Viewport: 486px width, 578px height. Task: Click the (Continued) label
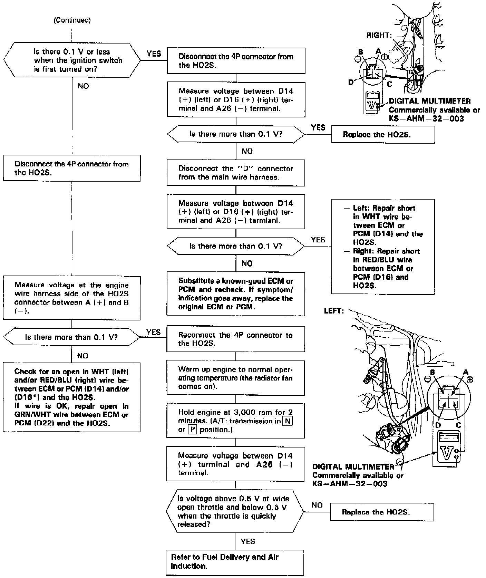(x=72, y=20)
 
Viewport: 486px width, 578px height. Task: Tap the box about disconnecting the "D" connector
(x=236, y=173)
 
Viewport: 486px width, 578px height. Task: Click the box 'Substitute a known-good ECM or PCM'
(x=236, y=293)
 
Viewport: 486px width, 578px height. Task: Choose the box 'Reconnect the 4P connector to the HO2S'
(x=236, y=339)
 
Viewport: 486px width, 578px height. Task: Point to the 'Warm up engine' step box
(x=236, y=378)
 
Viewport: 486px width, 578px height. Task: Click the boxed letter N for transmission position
(x=288, y=421)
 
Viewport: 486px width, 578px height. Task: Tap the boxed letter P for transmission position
(x=192, y=430)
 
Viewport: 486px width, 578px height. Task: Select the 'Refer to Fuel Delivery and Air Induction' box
(x=235, y=562)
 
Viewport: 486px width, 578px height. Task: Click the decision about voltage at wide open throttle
(x=235, y=511)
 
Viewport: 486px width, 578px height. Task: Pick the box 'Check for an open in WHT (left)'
(x=72, y=397)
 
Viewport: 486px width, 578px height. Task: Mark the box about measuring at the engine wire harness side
(x=72, y=298)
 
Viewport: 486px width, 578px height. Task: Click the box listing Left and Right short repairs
(x=383, y=247)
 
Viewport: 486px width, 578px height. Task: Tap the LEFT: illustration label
(x=334, y=311)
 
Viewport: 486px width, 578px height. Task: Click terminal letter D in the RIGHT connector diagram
(x=351, y=83)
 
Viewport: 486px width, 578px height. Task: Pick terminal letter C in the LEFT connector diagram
(x=458, y=425)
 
